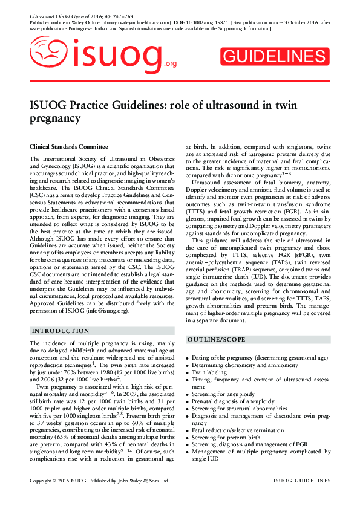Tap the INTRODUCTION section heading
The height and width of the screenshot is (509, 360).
coord(61,331)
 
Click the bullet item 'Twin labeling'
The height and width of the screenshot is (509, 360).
coord(210,373)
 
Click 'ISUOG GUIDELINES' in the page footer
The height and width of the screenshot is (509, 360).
coord(301,481)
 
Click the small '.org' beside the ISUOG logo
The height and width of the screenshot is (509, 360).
coord(170,64)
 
